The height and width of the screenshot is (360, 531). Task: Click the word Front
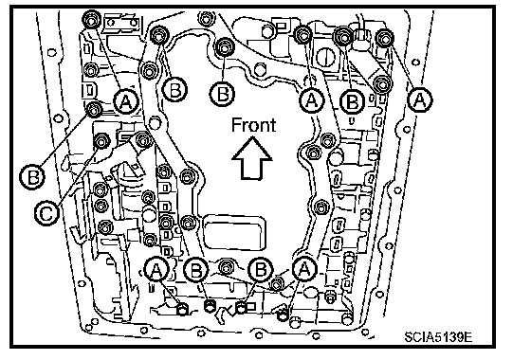[x=253, y=124]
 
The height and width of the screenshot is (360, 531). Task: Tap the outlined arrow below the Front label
[x=252, y=157]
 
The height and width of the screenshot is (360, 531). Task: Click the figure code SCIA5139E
[x=438, y=336]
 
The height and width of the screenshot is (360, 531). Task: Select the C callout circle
[x=46, y=213]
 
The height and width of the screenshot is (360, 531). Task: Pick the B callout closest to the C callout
[x=32, y=177]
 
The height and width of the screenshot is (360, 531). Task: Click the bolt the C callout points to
[x=101, y=141]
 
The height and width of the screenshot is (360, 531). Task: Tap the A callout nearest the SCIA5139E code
[x=304, y=269]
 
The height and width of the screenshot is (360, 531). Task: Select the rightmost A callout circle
[x=420, y=99]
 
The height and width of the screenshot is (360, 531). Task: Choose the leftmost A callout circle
[x=125, y=101]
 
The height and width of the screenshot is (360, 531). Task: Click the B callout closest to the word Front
[x=222, y=94]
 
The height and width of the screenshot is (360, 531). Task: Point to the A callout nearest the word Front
[x=312, y=100]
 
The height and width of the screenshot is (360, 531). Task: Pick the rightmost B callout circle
[x=353, y=101]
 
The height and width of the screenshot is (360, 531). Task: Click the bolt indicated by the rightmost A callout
[x=385, y=37]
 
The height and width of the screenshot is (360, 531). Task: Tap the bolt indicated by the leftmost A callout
[x=91, y=21]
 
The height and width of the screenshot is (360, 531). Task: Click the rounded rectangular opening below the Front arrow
[x=234, y=231]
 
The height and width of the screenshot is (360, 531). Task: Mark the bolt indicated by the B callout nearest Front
[x=224, y=47]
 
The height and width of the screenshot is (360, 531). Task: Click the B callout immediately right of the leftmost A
[x=174, y=90]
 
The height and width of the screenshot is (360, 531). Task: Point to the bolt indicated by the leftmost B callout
[x=94, y=109]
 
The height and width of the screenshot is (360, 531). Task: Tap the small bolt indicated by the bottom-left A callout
[x=182, y=309]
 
